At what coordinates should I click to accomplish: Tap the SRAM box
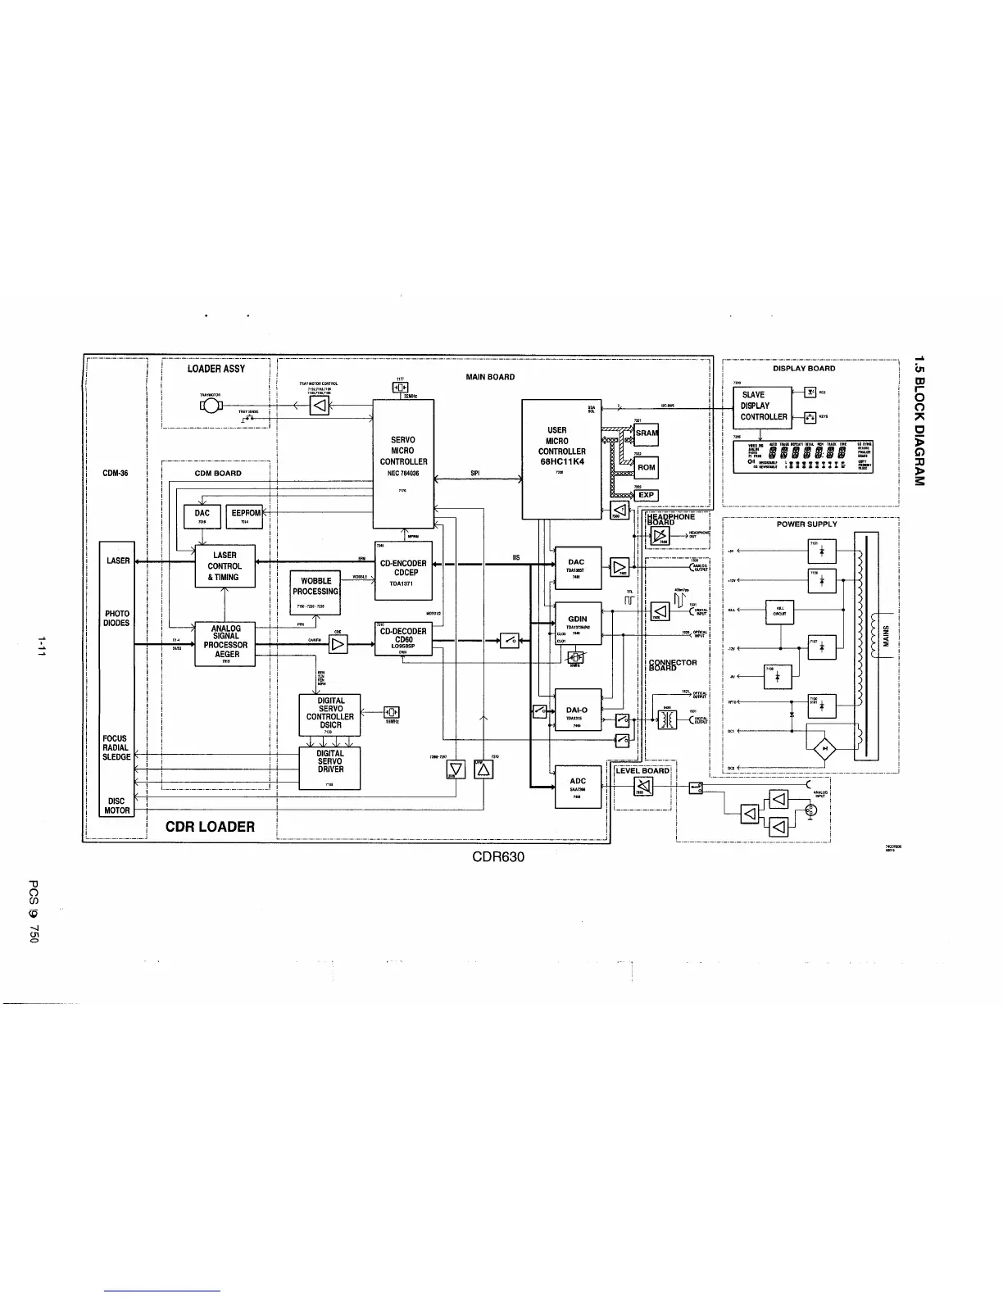tap(647, 433)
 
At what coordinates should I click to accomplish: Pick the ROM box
tap(647, 468)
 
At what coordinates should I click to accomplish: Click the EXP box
tap(647, 495)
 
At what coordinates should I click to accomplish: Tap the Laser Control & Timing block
tap(225, 565)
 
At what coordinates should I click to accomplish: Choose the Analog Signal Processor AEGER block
tap(225, 643)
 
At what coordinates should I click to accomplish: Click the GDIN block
tap(578, 623)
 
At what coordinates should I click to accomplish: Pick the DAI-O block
tap(578, 710)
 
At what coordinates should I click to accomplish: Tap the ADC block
tap(578, 786)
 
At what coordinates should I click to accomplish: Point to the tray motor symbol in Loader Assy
tap(211, 407)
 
